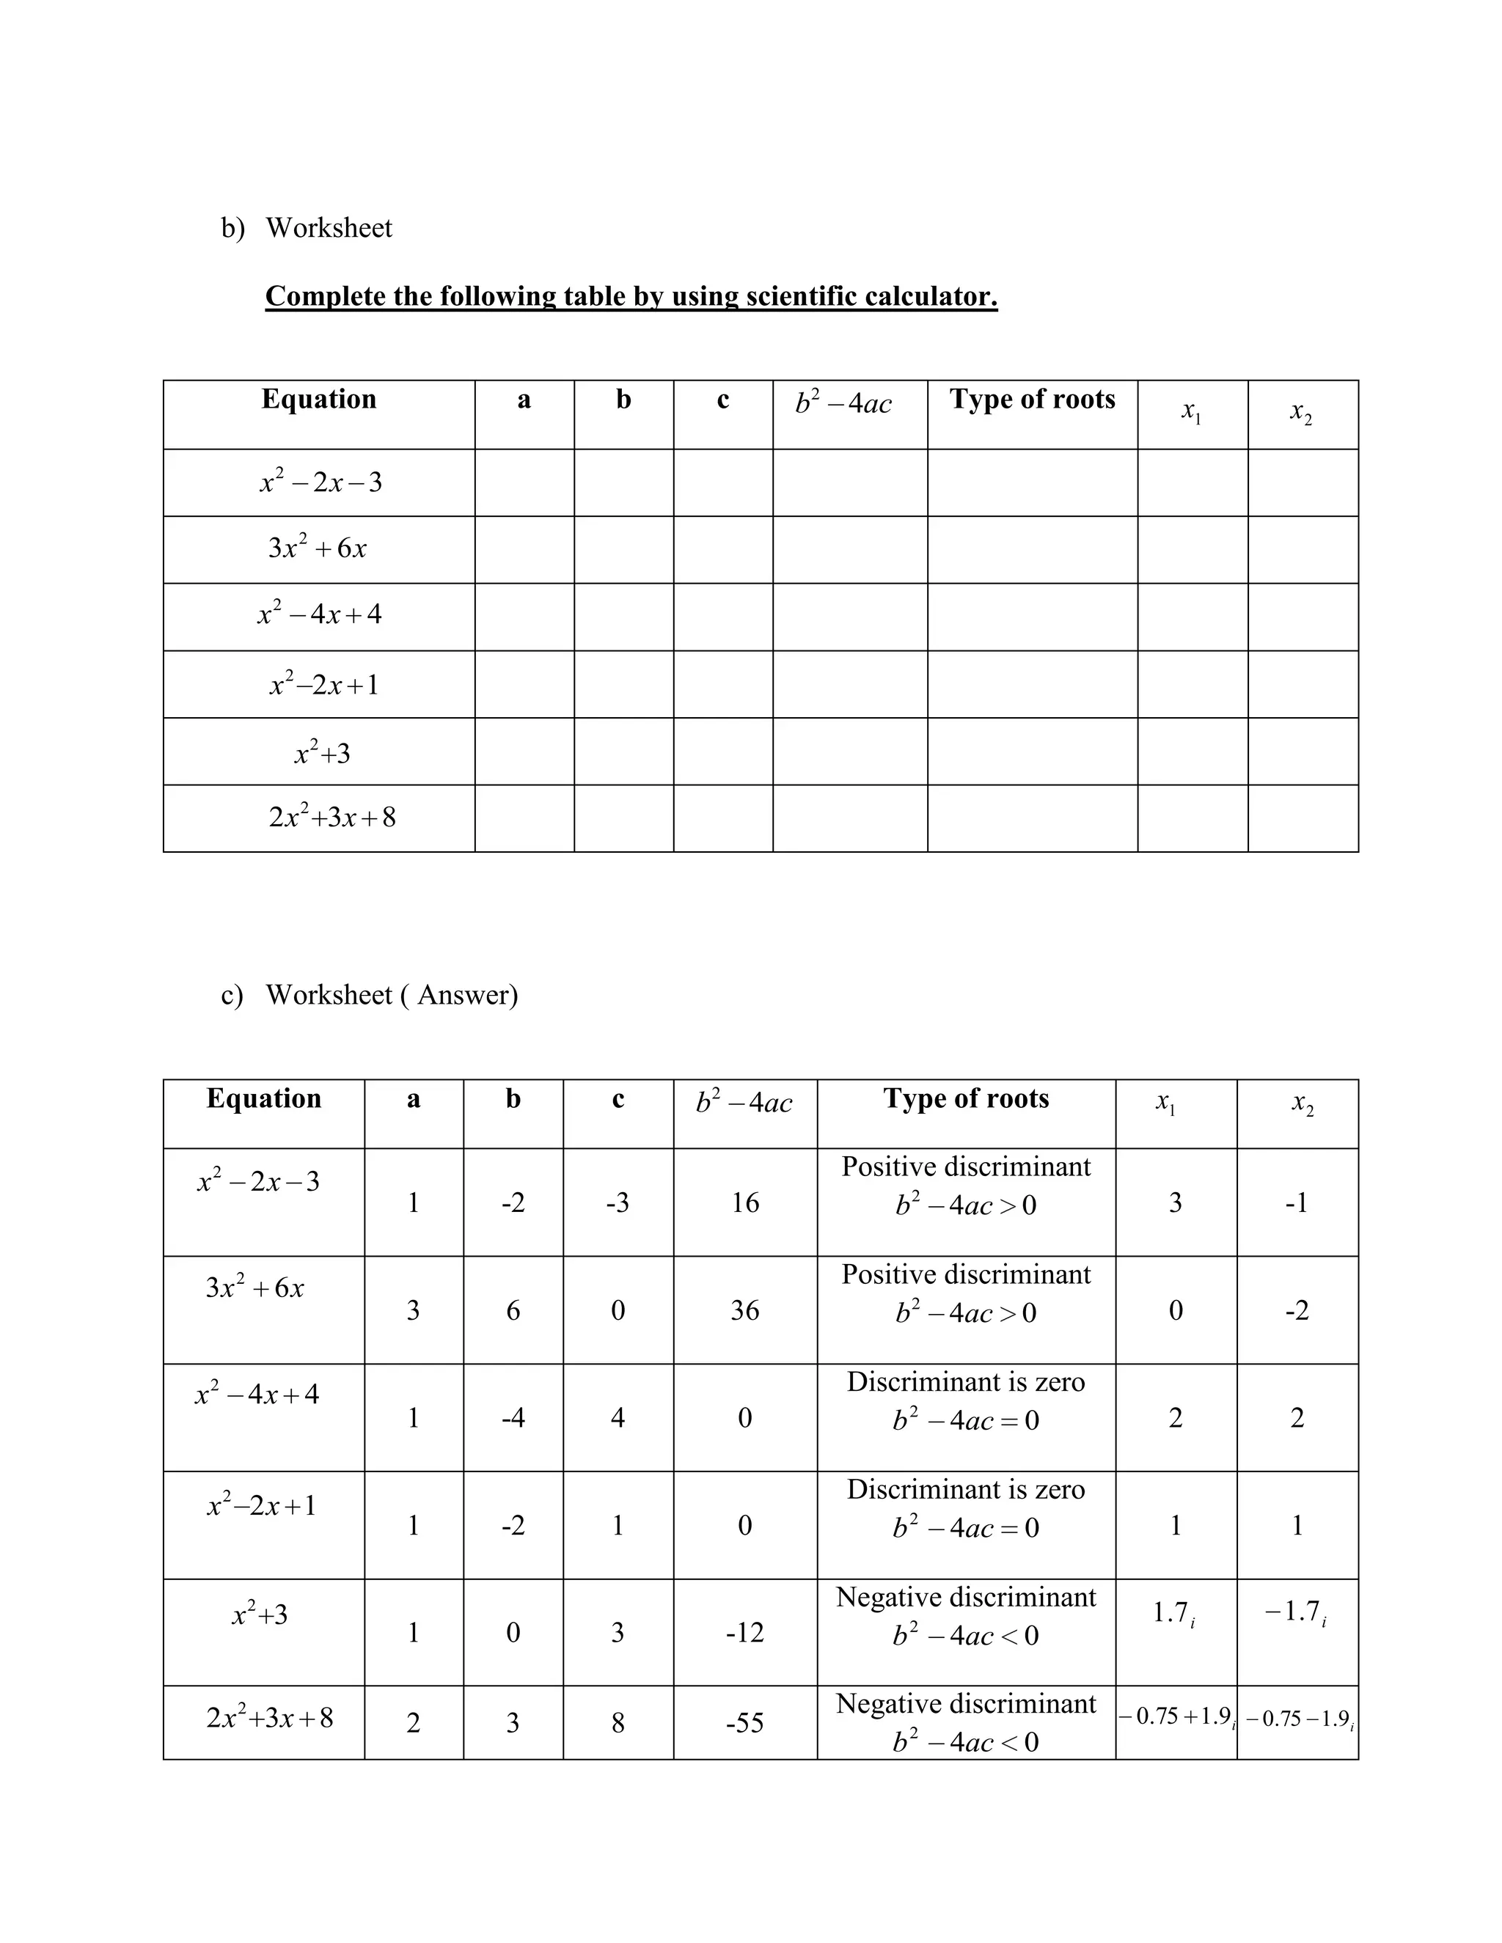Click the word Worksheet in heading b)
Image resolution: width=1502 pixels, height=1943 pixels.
click(329, 228)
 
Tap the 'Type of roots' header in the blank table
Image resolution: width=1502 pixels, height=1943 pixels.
click(1031, 400)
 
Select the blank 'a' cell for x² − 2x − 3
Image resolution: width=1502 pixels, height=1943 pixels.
click(524, 482)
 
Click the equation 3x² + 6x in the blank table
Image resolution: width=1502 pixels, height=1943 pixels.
click(318, 548)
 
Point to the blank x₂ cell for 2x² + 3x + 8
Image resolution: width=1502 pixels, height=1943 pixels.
click(1303, 818)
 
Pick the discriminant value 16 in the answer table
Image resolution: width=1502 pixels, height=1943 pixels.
click(745, 1202)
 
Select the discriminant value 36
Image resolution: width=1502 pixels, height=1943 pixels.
click(745, 1310)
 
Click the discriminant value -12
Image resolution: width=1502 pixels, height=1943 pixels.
click(745, 1633)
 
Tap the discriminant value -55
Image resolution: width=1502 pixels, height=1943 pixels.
click(745, 1723)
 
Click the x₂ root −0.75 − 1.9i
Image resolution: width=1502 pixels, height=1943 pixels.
click(1299, 1719)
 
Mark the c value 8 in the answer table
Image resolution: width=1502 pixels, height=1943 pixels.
click(618, 1723)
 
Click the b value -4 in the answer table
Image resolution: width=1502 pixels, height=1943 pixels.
click(513, 1417)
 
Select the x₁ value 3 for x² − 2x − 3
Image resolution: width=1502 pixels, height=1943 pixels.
click(1176, 1202)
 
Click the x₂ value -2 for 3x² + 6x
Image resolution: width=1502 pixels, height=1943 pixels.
click(1297, 1310)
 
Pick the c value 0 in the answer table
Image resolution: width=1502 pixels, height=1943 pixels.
click(618, 1310)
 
